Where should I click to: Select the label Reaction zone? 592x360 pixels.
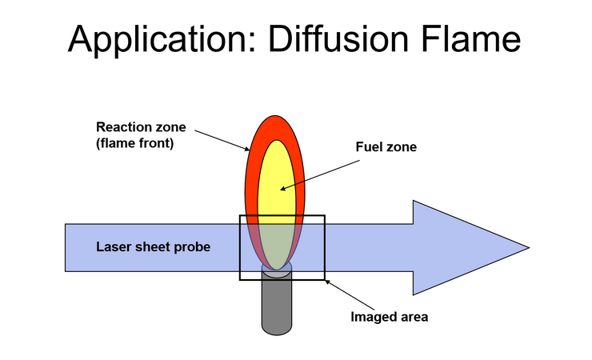[141, 126]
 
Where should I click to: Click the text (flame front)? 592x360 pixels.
[134, 143]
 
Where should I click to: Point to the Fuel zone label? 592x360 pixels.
[386, 146]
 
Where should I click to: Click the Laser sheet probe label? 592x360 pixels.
[154, 246]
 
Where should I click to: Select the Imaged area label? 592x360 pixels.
[390, 317]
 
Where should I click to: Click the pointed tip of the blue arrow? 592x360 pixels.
[529, 247]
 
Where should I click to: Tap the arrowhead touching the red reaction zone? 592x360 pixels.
[247, 149]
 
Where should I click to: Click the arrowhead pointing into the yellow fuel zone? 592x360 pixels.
[282, 189]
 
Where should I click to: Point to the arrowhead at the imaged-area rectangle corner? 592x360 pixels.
[327, 282]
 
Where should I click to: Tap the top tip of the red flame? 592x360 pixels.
[275, 116]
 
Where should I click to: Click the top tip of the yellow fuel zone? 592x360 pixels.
[277, 140]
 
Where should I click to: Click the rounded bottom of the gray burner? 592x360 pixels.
[277, 331]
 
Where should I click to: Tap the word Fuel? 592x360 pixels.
[367, 146]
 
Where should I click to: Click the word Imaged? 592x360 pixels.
[373, 317]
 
